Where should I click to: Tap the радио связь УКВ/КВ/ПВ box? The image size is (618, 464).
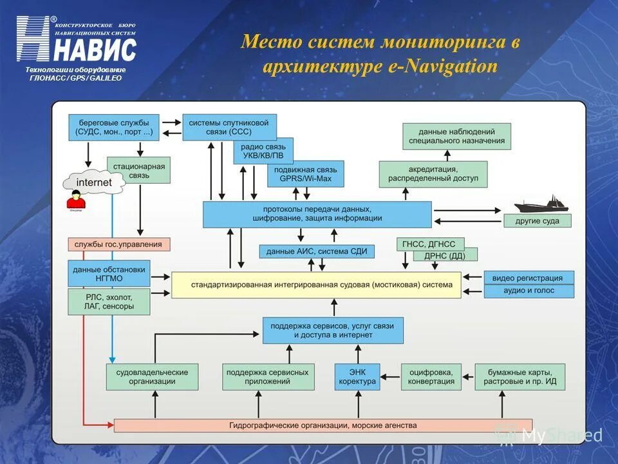click(x=263, y=151)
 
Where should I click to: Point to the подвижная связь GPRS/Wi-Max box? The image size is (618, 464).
click(x=305, y=174)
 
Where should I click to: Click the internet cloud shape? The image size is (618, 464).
click(x=93, y=182)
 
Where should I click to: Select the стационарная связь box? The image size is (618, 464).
click(x=138, y=171)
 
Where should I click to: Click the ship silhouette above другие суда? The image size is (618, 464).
click(x=540, y=204)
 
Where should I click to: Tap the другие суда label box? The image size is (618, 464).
click(x=538, y=221)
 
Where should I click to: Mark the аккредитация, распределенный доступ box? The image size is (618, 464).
click(x=433, y=174)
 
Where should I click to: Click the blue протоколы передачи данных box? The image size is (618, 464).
click(x=317, y=214)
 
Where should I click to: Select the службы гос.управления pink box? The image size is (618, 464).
click(x=119, y=244)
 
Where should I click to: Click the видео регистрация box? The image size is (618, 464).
click(x=528, y=278)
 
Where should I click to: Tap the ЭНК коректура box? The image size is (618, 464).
click(x=357, y=377)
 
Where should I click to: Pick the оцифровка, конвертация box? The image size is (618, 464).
click(x=431, y=377)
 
